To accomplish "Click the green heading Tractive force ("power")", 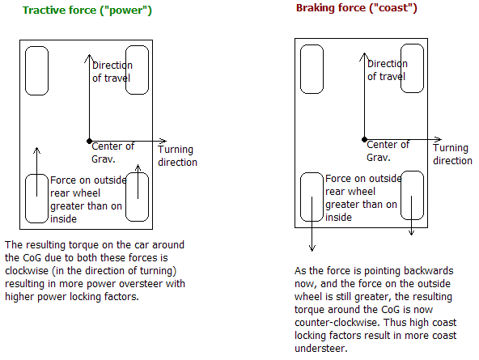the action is pyautogui.click(x=87, y=11).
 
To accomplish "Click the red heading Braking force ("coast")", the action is pyautogui.click(x=357, y=8).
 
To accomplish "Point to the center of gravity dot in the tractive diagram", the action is pyautogui.click(x=89, y=141).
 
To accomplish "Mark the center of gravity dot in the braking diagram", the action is pyautogui.click(x=364, y=139).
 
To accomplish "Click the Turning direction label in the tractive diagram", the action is pyautogui.click(x=177, y=155).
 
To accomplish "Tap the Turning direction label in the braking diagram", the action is pyautogui.click(x=453, y=155).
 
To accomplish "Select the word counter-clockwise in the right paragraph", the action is pyautogui.click(x=337, y=323).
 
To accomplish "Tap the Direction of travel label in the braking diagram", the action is pyautogui.click(x=388, y=70).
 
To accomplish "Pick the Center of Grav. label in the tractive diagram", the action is pyautogui.click(x=112, y=152).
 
